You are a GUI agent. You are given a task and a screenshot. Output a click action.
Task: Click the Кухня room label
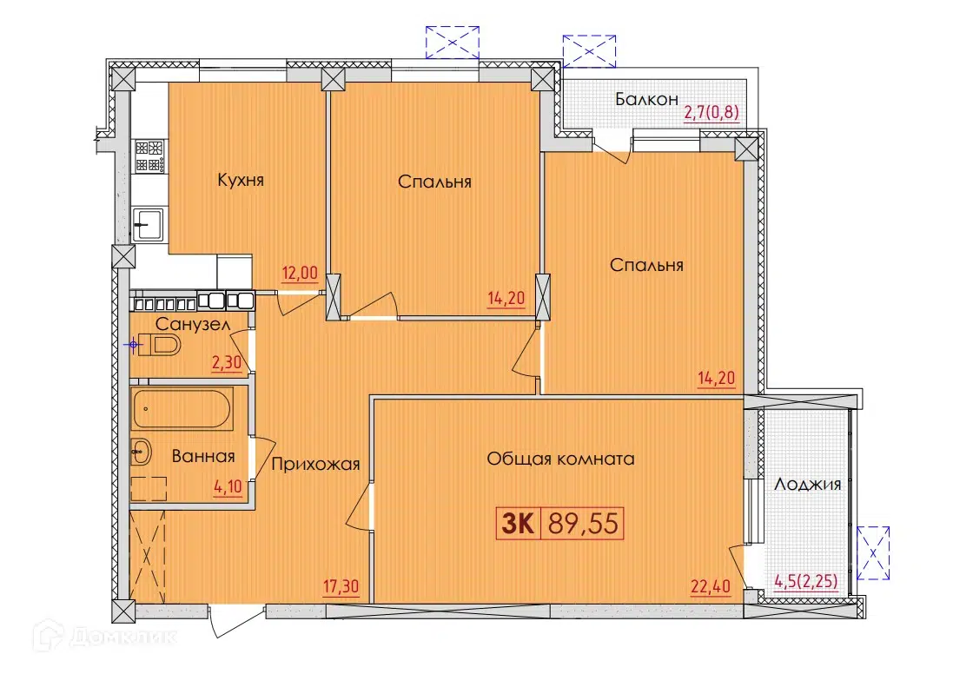coord(241,181)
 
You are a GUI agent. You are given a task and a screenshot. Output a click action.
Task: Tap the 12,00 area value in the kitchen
coord(300,274)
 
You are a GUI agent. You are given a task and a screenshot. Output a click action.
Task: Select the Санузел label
coord(193,325)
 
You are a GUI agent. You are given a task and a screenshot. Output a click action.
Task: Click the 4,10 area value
coord(228,486)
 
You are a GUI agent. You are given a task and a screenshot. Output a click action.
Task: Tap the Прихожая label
coord(315,465)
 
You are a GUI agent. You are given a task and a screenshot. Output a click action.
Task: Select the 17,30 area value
coord(341,586)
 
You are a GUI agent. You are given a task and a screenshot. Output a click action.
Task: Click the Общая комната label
coord(560,459)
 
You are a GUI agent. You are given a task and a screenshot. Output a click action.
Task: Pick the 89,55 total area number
coord(583,523)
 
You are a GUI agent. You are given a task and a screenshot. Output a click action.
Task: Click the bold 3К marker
coord(518,523)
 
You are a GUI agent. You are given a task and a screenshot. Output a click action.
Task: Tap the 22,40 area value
coord(711,586)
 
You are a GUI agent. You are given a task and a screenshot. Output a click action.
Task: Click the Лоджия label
coord(808,485)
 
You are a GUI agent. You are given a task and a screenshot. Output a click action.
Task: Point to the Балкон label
coord(646,99)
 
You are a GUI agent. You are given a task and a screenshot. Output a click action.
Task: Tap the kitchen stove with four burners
coord(149,155)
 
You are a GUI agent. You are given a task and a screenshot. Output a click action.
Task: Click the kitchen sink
coord(148,224)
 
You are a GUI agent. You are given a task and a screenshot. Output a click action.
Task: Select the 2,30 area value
coord(227,363)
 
